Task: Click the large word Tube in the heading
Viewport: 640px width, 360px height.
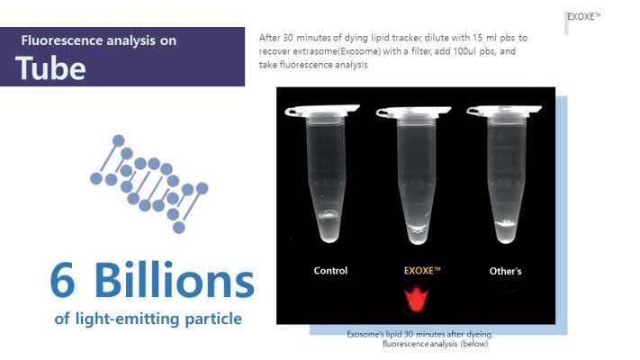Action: (50, 67)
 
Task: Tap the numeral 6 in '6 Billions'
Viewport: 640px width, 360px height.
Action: (62, 281)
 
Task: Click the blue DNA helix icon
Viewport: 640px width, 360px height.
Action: (149, 184)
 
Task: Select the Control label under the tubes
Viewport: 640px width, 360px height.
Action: (330, 271)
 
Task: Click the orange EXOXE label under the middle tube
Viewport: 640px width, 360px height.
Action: (422, 270)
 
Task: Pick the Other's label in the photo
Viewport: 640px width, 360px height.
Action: (505, 271)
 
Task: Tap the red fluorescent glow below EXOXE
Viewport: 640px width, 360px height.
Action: (417, 299)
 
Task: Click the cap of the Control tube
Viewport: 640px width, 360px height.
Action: (322, 110)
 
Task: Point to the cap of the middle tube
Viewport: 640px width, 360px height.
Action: (413, 111)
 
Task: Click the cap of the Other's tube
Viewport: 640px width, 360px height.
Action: (504, 110)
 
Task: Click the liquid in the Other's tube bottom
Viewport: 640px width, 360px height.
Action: (506, 231)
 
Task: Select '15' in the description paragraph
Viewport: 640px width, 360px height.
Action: (478, 38)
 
